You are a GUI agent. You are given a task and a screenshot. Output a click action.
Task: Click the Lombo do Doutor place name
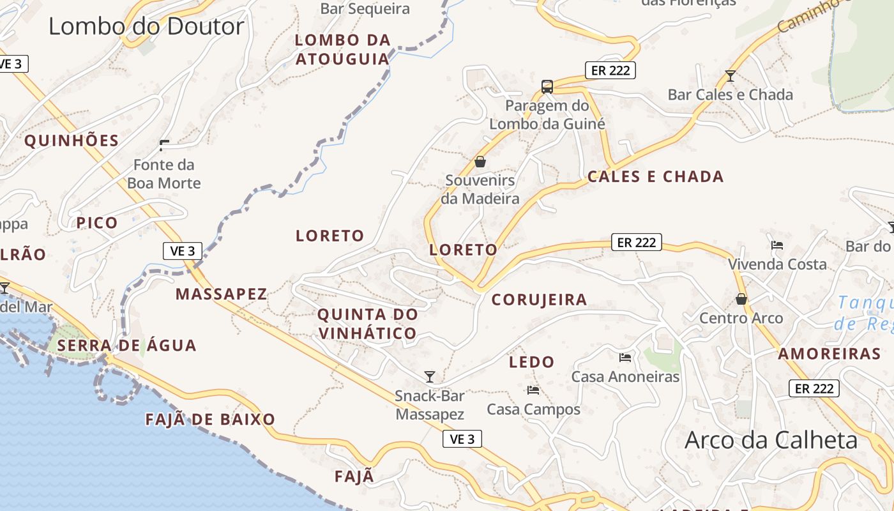pos(146,27)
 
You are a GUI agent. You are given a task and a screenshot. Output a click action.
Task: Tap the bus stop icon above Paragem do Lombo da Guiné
pos(547,87)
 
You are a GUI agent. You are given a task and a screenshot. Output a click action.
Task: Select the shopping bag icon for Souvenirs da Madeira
pos(480,162)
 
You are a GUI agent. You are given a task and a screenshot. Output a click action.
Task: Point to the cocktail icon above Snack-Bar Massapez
pos(430,377)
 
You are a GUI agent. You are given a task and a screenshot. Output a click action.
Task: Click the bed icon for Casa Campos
pos(533,390)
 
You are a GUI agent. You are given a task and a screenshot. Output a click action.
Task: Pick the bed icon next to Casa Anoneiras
pos(625,357)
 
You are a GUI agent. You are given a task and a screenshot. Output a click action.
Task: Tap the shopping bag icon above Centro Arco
pos(741,298)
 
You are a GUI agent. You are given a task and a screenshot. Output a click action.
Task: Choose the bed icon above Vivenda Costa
pos(777,245)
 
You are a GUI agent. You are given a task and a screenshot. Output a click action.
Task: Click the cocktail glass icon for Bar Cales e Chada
pos(731,76)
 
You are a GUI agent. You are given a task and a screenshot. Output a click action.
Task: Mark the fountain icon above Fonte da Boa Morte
pos(164,145)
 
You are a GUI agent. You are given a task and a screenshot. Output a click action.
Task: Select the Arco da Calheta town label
pos(771,441)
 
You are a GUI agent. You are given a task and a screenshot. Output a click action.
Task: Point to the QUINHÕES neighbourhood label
pos(72,141)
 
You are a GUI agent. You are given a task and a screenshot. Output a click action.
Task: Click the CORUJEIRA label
pos(539,300)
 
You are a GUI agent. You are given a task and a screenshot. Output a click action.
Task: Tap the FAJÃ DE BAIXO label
pos(210,420)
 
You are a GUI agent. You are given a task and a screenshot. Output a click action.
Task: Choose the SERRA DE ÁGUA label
pos(126,346)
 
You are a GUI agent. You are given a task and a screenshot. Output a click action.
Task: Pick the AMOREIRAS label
pos(829,354)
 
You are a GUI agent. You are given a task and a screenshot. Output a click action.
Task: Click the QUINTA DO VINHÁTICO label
pos(368,324)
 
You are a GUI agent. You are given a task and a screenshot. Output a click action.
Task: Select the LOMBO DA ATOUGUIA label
pos(343,49)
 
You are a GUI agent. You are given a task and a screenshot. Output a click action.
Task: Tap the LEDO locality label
pos(531,362)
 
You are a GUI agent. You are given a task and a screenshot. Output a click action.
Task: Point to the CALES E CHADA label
pos(655,177)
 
